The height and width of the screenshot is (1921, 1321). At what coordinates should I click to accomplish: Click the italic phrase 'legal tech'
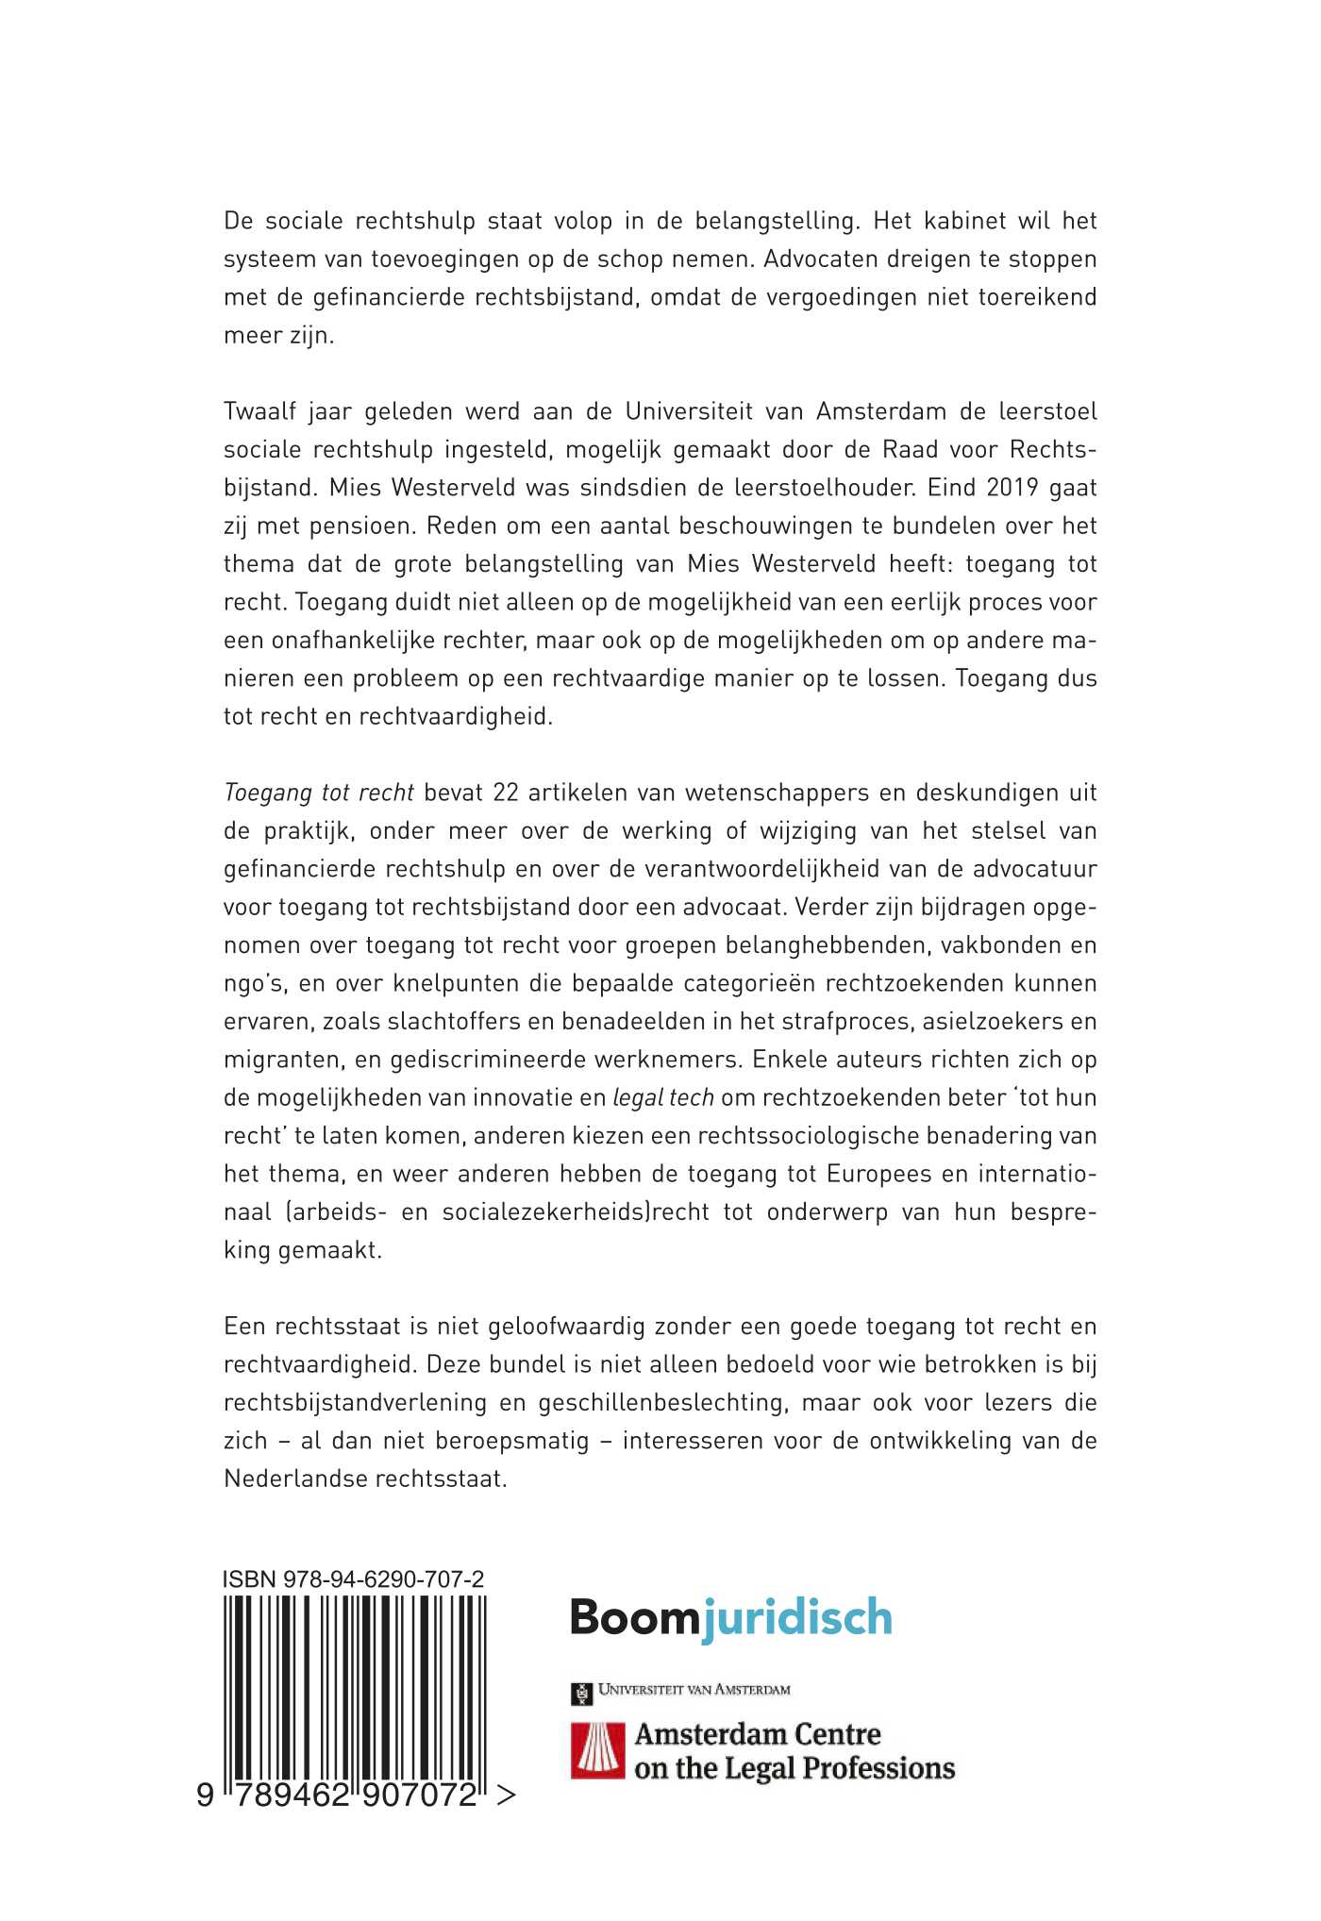[x=663, y=1097]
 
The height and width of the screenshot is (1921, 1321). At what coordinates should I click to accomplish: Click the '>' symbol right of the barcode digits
[x=506, y=1796]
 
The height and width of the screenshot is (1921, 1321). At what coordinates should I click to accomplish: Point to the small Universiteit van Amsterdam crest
[x=580, y=1694]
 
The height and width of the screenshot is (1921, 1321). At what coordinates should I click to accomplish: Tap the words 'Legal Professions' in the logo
[x=840, y=1768]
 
